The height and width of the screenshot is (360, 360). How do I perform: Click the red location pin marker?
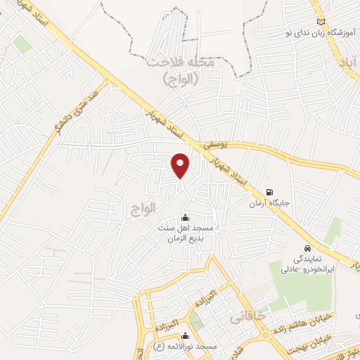181,166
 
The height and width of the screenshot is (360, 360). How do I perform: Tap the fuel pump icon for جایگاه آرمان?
269,193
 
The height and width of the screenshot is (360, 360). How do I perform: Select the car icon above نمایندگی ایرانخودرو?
308,248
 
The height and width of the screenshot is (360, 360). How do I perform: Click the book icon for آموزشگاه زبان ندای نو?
321,22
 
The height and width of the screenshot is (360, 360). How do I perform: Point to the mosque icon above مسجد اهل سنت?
185,217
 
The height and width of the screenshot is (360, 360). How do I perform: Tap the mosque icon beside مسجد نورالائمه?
185,336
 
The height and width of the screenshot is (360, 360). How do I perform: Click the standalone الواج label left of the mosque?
140,209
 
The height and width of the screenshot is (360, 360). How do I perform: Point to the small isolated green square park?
22,44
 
